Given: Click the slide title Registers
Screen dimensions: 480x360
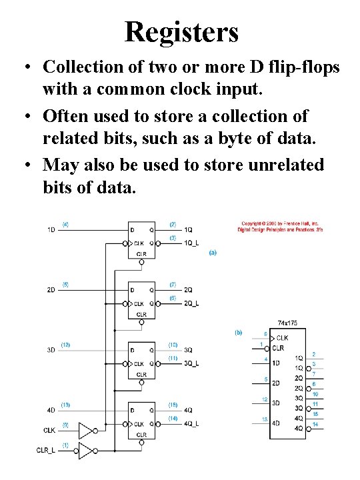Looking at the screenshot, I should click(x=181, y=31).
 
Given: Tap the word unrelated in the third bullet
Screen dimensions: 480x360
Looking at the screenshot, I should click(x=279, y=164).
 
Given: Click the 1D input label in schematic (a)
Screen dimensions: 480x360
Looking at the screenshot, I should click(x=52, y=230).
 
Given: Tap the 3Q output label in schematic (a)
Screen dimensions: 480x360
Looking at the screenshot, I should click(x=188, y=349).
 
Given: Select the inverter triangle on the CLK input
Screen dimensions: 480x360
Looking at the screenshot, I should click(x=86, y=430).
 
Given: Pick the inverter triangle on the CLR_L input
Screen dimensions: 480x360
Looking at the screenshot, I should click(x=86, y=451).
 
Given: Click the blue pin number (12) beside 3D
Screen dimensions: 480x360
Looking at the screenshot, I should click(x=65, y=345).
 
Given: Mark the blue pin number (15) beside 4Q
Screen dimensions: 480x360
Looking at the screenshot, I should click(x=172, y=405).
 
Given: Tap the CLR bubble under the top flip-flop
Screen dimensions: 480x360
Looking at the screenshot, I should click(x=141, y=262).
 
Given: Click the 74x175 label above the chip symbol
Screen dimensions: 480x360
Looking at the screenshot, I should click(x=287, y=323).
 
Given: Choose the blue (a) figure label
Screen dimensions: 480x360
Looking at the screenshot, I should click(x=213, y=253).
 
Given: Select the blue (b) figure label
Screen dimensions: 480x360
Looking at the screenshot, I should click(x=238, y=331).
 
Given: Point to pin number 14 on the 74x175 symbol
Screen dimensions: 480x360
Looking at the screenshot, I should click(x=315, y=424).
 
